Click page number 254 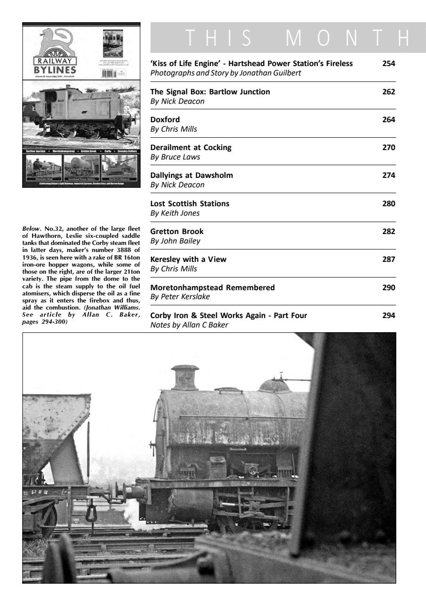click(x=389, y=64)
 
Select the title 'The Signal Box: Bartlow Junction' click(x=210, y=92)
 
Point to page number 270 click(x=389, y=147)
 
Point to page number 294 click(x=389, y=315)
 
